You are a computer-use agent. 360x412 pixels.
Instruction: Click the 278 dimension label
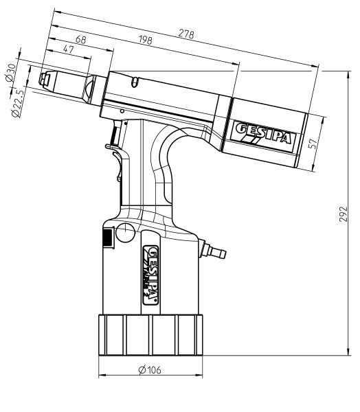[186, 34]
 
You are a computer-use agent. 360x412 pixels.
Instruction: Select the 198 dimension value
[146, 40]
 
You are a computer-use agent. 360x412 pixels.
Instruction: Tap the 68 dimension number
[81, 39]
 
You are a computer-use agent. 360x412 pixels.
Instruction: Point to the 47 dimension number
[69, 49]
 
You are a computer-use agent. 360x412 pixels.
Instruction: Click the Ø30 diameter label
[10, 72]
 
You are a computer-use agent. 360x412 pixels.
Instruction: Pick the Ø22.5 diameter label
[18, 103]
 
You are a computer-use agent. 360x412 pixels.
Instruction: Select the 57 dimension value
[313, 144]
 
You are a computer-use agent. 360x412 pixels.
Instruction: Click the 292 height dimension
[343, 214]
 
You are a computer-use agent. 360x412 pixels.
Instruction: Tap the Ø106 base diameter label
[150, 370]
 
